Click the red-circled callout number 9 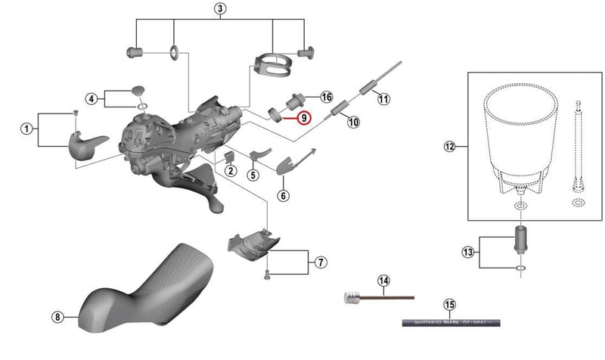(x=303, y=117)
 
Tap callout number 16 (x=327, y=98)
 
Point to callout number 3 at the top (x=219, y=9)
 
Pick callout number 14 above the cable (x=383, y=282)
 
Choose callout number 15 (x=449, y=306)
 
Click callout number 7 (x=321, y=262)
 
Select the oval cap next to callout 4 (x=138, y=91)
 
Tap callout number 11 (x=383, y=99)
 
